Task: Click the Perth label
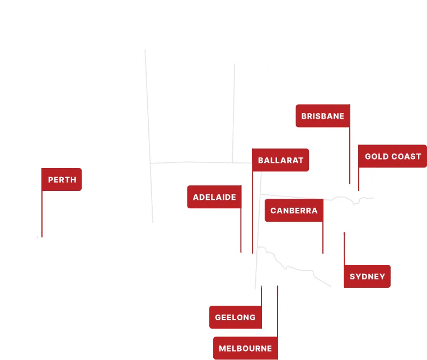coord(62,180)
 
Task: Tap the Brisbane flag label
coord(322,116)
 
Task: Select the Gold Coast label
coord(392,156)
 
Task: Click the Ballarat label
coord(280,160)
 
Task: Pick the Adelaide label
coord(214,197)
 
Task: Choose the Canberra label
coord(294,211)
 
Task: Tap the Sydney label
coord(367,277)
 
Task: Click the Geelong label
coord(235,317)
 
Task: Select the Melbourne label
coord(245,348)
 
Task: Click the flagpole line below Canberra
coord(323,238)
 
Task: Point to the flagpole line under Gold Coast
coord(359,179)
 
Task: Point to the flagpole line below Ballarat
coord(252,213)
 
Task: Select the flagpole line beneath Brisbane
coord(350,157)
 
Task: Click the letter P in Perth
coord(51,180)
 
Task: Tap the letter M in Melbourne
coord(222,348)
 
